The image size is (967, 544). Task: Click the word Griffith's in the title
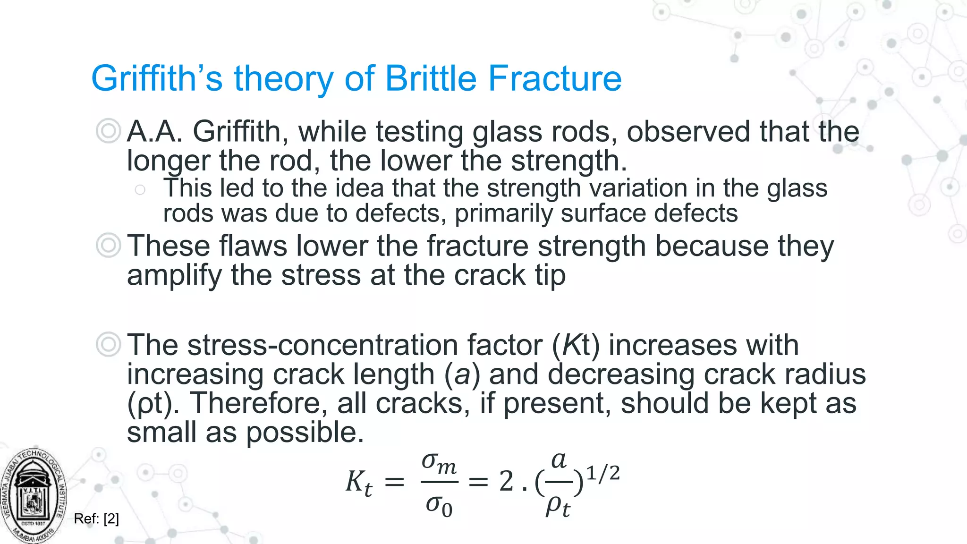[156, 79]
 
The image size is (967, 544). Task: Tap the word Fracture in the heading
[555, 79]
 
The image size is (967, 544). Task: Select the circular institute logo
[34, 496]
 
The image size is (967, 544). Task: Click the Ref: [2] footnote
[96, 519]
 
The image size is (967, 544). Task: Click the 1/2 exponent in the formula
[602, 473]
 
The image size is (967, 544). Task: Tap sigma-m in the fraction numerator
[439, 463]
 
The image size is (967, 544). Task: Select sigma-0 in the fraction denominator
[439, 506]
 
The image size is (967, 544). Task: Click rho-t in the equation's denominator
[558, 507]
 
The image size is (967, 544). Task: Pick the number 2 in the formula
[506, 482]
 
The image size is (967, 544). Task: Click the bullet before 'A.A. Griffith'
[108, 131]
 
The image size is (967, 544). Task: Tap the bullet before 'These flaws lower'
[108, 246]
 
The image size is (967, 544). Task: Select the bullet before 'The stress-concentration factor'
[108, 345]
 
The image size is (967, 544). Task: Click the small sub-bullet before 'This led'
[140, 190]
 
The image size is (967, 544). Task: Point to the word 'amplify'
[174, 276]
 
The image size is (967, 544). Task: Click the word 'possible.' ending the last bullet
[305, 433]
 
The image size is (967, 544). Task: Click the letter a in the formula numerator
[559, 460]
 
